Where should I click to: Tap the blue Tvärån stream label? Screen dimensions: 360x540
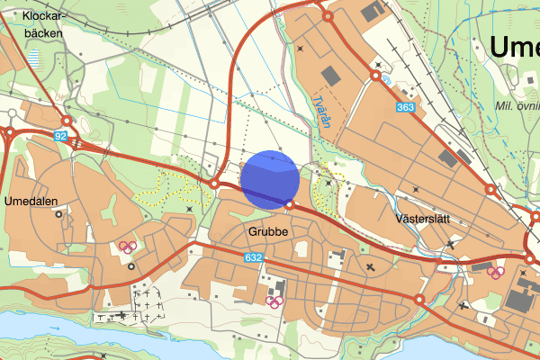321,115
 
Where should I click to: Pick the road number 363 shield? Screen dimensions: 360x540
405,108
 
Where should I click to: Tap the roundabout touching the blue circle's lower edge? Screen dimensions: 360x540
290,205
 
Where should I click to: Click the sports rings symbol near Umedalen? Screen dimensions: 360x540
127,247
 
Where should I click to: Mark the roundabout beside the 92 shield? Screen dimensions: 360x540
67,122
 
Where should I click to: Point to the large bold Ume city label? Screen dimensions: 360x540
515,47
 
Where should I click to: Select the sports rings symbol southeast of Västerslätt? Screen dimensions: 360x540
494,271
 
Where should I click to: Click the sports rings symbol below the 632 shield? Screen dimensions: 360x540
272,300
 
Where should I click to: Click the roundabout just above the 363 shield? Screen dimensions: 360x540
375,76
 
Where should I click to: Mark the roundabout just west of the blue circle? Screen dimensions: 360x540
215,184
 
